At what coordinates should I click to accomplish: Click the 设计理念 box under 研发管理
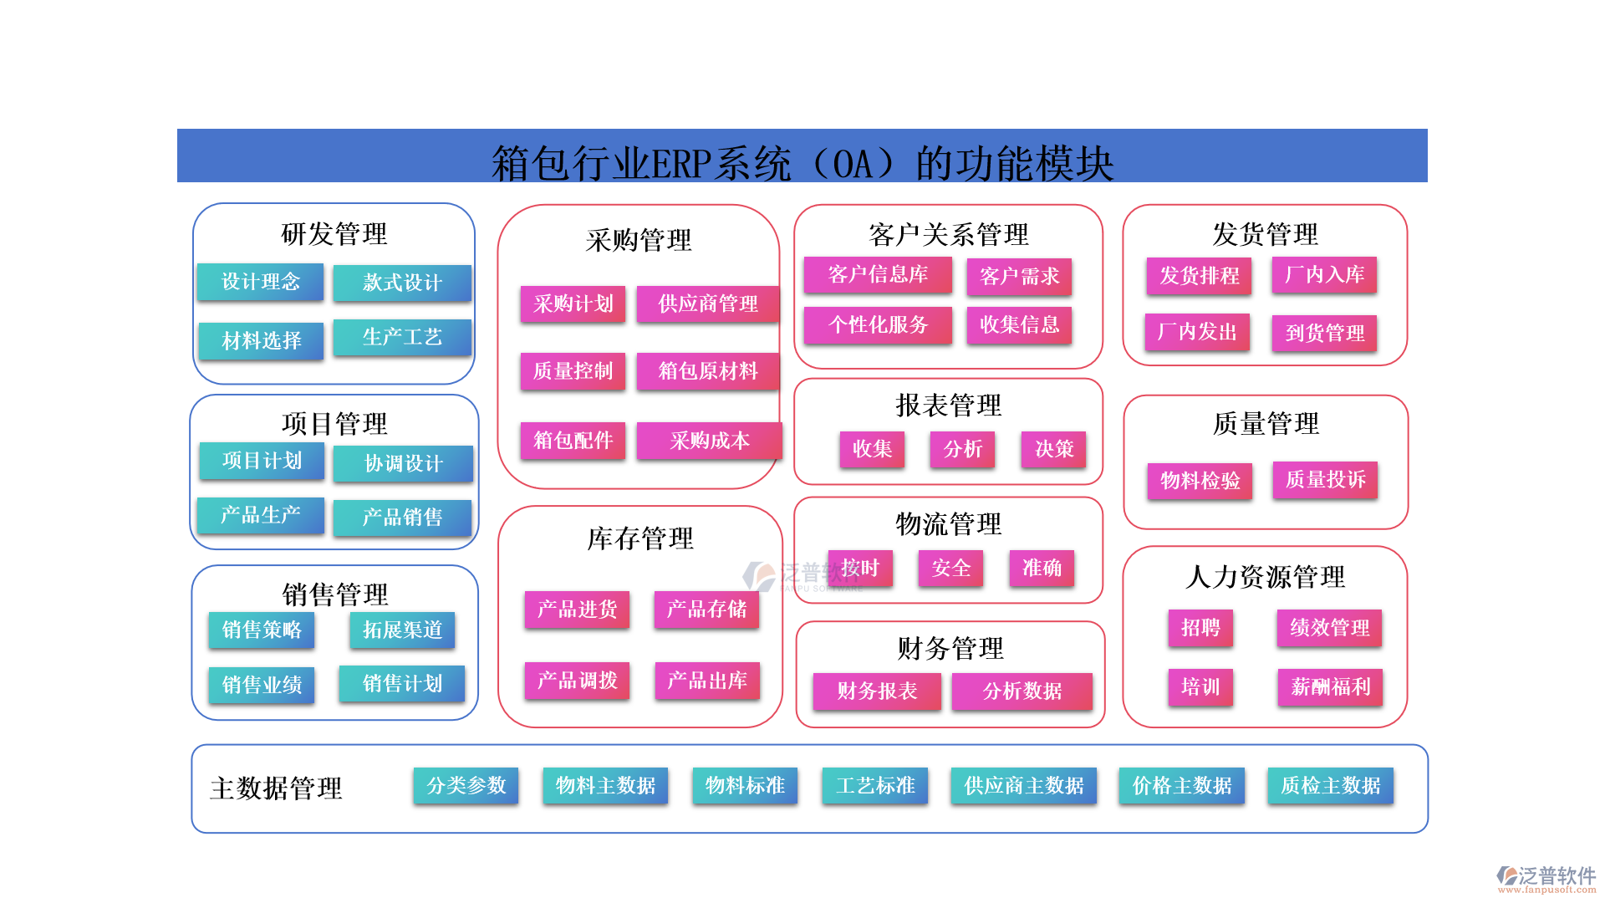[x=260, y=282]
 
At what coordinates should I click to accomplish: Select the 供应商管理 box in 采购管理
[x=707, y=304]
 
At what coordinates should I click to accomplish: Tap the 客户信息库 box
[x=877, y=275]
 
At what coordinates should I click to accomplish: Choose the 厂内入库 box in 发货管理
[x=1324, y=275]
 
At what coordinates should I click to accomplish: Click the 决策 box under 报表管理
[x=1053, y=449]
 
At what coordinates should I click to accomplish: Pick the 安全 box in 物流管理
[x=950, y=569]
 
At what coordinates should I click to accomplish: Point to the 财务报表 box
[x=877, y=691]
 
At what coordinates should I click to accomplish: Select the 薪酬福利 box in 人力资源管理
[x=1330, y=687]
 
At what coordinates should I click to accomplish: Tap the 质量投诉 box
[x=1325, y=480]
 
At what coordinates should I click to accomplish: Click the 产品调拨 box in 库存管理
[x=577, y=681]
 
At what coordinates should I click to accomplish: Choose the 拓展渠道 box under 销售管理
[x=402, y=630]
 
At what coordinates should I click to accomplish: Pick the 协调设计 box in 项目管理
[x=403, y=463]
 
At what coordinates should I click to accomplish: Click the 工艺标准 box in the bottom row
[x=874, y=786]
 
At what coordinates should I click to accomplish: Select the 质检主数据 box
[x=1330, y=786]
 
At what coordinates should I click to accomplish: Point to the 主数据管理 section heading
[x=276, y=788]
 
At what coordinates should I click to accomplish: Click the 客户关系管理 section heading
[x=948, y=235]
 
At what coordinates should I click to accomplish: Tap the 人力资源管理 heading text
[x=1265, y=577]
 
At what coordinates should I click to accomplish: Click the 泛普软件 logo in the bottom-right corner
[x=1546, y=878]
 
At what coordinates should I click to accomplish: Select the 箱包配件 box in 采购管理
[x=573, y=441]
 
